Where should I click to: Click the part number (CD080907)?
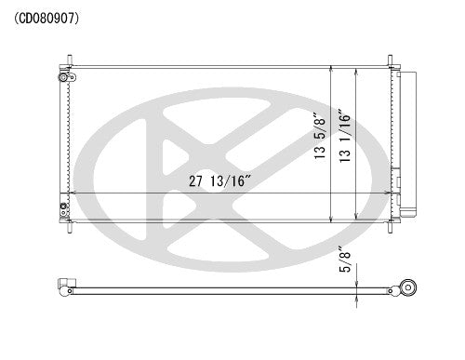coord(47,16)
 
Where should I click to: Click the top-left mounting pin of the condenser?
coord(68,66)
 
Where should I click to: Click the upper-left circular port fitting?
coord(63,80)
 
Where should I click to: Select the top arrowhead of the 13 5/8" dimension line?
coord(332,72)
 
